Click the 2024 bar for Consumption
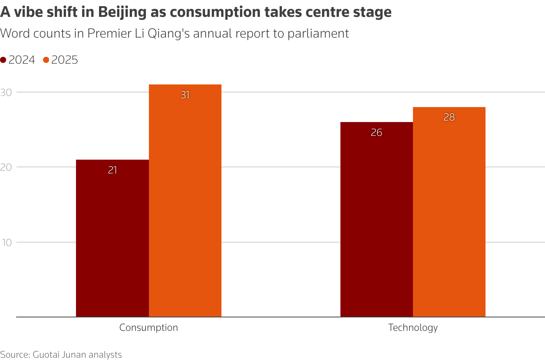tap(112, 238)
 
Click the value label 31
tap(185, 95)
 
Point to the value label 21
tap(112, 170)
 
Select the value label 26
tap(377, 132)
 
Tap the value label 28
tap(449, 117)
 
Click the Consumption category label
tap(149, 328)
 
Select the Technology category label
tap(413, 328)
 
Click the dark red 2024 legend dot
tap(3, 60)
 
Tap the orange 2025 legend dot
tap(46, 60)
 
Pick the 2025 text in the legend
tap(64, 60)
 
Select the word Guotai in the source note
tap(45, 355)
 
